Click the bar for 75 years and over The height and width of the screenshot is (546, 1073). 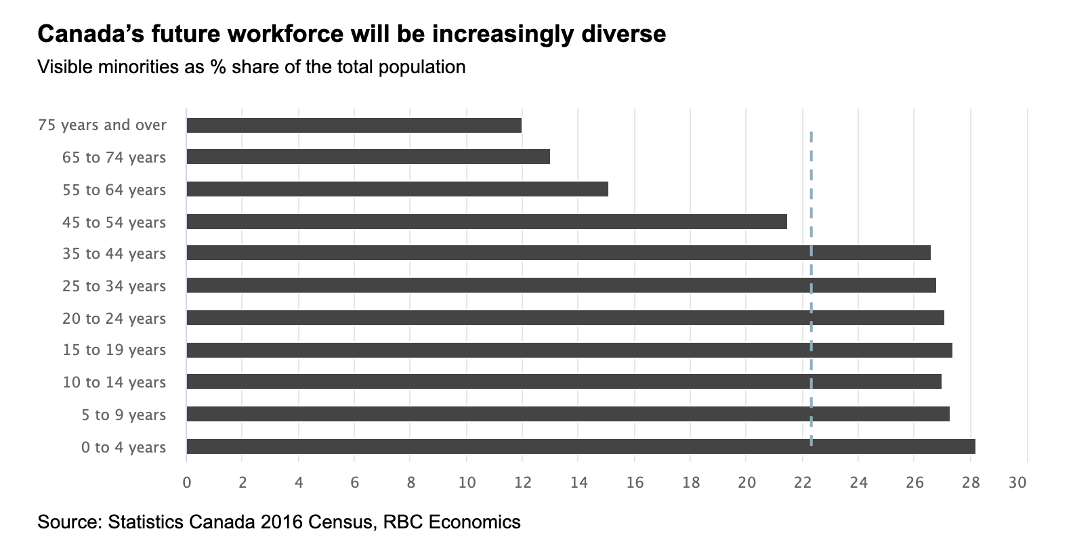(354, 125)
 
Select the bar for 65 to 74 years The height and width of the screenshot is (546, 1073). (368, 157)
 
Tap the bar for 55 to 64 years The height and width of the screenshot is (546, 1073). (397, 189)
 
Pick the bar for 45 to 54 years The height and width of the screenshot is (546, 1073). (486, 222)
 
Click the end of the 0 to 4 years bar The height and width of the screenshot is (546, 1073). (973, 446)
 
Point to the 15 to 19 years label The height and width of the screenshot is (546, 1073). (114, 350)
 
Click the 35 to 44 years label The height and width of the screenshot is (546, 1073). (114, 254)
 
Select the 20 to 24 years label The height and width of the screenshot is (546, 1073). (114, 318)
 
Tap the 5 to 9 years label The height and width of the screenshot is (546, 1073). (123, 415)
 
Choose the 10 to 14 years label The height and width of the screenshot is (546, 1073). (114, 382)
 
